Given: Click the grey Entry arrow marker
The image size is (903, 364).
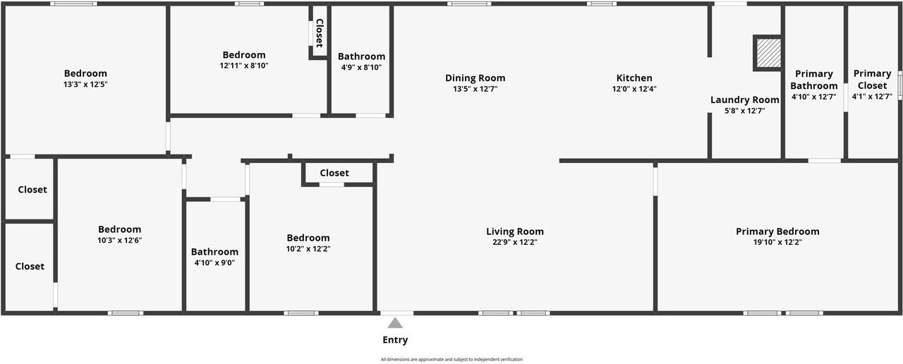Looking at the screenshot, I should point(395,323).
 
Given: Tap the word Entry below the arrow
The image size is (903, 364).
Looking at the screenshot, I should point(395,340).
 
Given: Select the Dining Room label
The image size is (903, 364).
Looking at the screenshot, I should point(475,78).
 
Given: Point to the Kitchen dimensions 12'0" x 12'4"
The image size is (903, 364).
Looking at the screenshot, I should point(634,90).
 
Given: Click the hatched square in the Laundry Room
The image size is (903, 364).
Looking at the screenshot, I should point(768,53).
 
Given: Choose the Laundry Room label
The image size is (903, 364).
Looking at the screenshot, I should point(744,99).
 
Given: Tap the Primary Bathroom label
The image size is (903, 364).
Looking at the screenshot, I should point(813,80).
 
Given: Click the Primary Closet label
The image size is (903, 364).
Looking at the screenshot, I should point(872,80).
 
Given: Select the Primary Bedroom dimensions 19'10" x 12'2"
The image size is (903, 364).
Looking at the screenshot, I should point(777,242).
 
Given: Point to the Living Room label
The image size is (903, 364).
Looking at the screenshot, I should point(515,231).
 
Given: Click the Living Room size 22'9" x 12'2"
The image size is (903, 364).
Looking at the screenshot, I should point(515,242).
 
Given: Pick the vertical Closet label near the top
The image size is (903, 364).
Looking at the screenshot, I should point(319,33).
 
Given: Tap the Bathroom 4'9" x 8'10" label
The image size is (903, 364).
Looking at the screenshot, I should point(361,56).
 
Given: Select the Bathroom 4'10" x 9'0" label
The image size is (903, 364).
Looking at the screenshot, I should point(214,252).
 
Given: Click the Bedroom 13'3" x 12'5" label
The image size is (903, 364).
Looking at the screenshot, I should point(85,73).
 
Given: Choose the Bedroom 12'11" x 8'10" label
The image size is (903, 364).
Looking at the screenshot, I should point(244,55).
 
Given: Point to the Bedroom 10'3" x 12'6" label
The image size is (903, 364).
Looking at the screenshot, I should point(119,229).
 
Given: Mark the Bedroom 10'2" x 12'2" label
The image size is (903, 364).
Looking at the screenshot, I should point(308,238).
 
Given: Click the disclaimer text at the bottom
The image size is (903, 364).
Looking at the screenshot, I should point(451,360).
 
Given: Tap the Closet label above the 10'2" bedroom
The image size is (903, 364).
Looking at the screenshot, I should point(334,173).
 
